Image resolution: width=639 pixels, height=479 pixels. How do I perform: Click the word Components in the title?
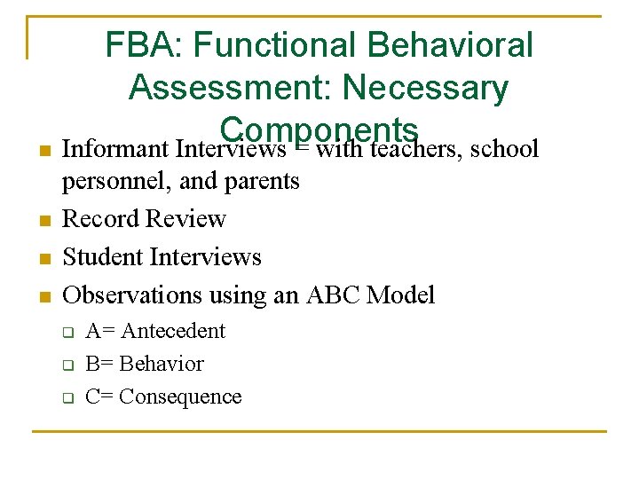(x=319, y=129)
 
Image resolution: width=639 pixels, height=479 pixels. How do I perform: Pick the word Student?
(x=104, y=256)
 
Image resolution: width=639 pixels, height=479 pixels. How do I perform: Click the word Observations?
(x=133, y=294)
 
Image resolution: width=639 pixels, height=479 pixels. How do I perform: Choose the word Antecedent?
(x=173, y=331)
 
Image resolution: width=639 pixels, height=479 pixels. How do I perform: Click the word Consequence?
(x=180, y=397)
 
